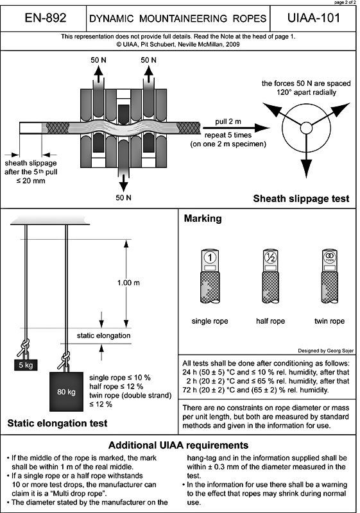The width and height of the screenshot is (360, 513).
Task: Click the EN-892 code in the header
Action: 46,18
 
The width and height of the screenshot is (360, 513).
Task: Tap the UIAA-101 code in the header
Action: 314,18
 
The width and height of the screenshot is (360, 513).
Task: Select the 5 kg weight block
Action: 26,365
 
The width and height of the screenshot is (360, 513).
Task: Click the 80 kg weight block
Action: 67,391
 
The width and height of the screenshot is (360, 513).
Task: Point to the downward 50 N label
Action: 123,198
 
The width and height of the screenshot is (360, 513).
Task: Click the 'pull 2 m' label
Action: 228,122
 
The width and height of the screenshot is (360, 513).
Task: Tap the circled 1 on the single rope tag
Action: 210,258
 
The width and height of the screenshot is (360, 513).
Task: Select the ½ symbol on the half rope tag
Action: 271,258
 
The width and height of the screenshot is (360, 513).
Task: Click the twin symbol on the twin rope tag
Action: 330,257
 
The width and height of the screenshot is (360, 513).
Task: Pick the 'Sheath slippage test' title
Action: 301,199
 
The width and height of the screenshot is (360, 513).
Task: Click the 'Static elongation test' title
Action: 57,423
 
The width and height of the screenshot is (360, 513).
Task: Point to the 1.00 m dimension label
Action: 128,283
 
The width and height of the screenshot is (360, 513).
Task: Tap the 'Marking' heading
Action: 203,219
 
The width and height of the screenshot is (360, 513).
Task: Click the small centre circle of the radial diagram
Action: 306,128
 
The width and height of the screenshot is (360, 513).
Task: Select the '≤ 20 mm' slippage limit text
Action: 31,181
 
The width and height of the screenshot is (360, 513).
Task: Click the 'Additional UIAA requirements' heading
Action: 178,445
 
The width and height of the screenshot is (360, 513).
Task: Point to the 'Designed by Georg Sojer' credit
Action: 325,351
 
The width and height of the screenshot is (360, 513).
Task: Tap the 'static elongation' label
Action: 103,335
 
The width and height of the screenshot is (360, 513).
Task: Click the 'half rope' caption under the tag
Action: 270,321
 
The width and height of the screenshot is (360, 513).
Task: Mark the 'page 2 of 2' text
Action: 346,3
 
